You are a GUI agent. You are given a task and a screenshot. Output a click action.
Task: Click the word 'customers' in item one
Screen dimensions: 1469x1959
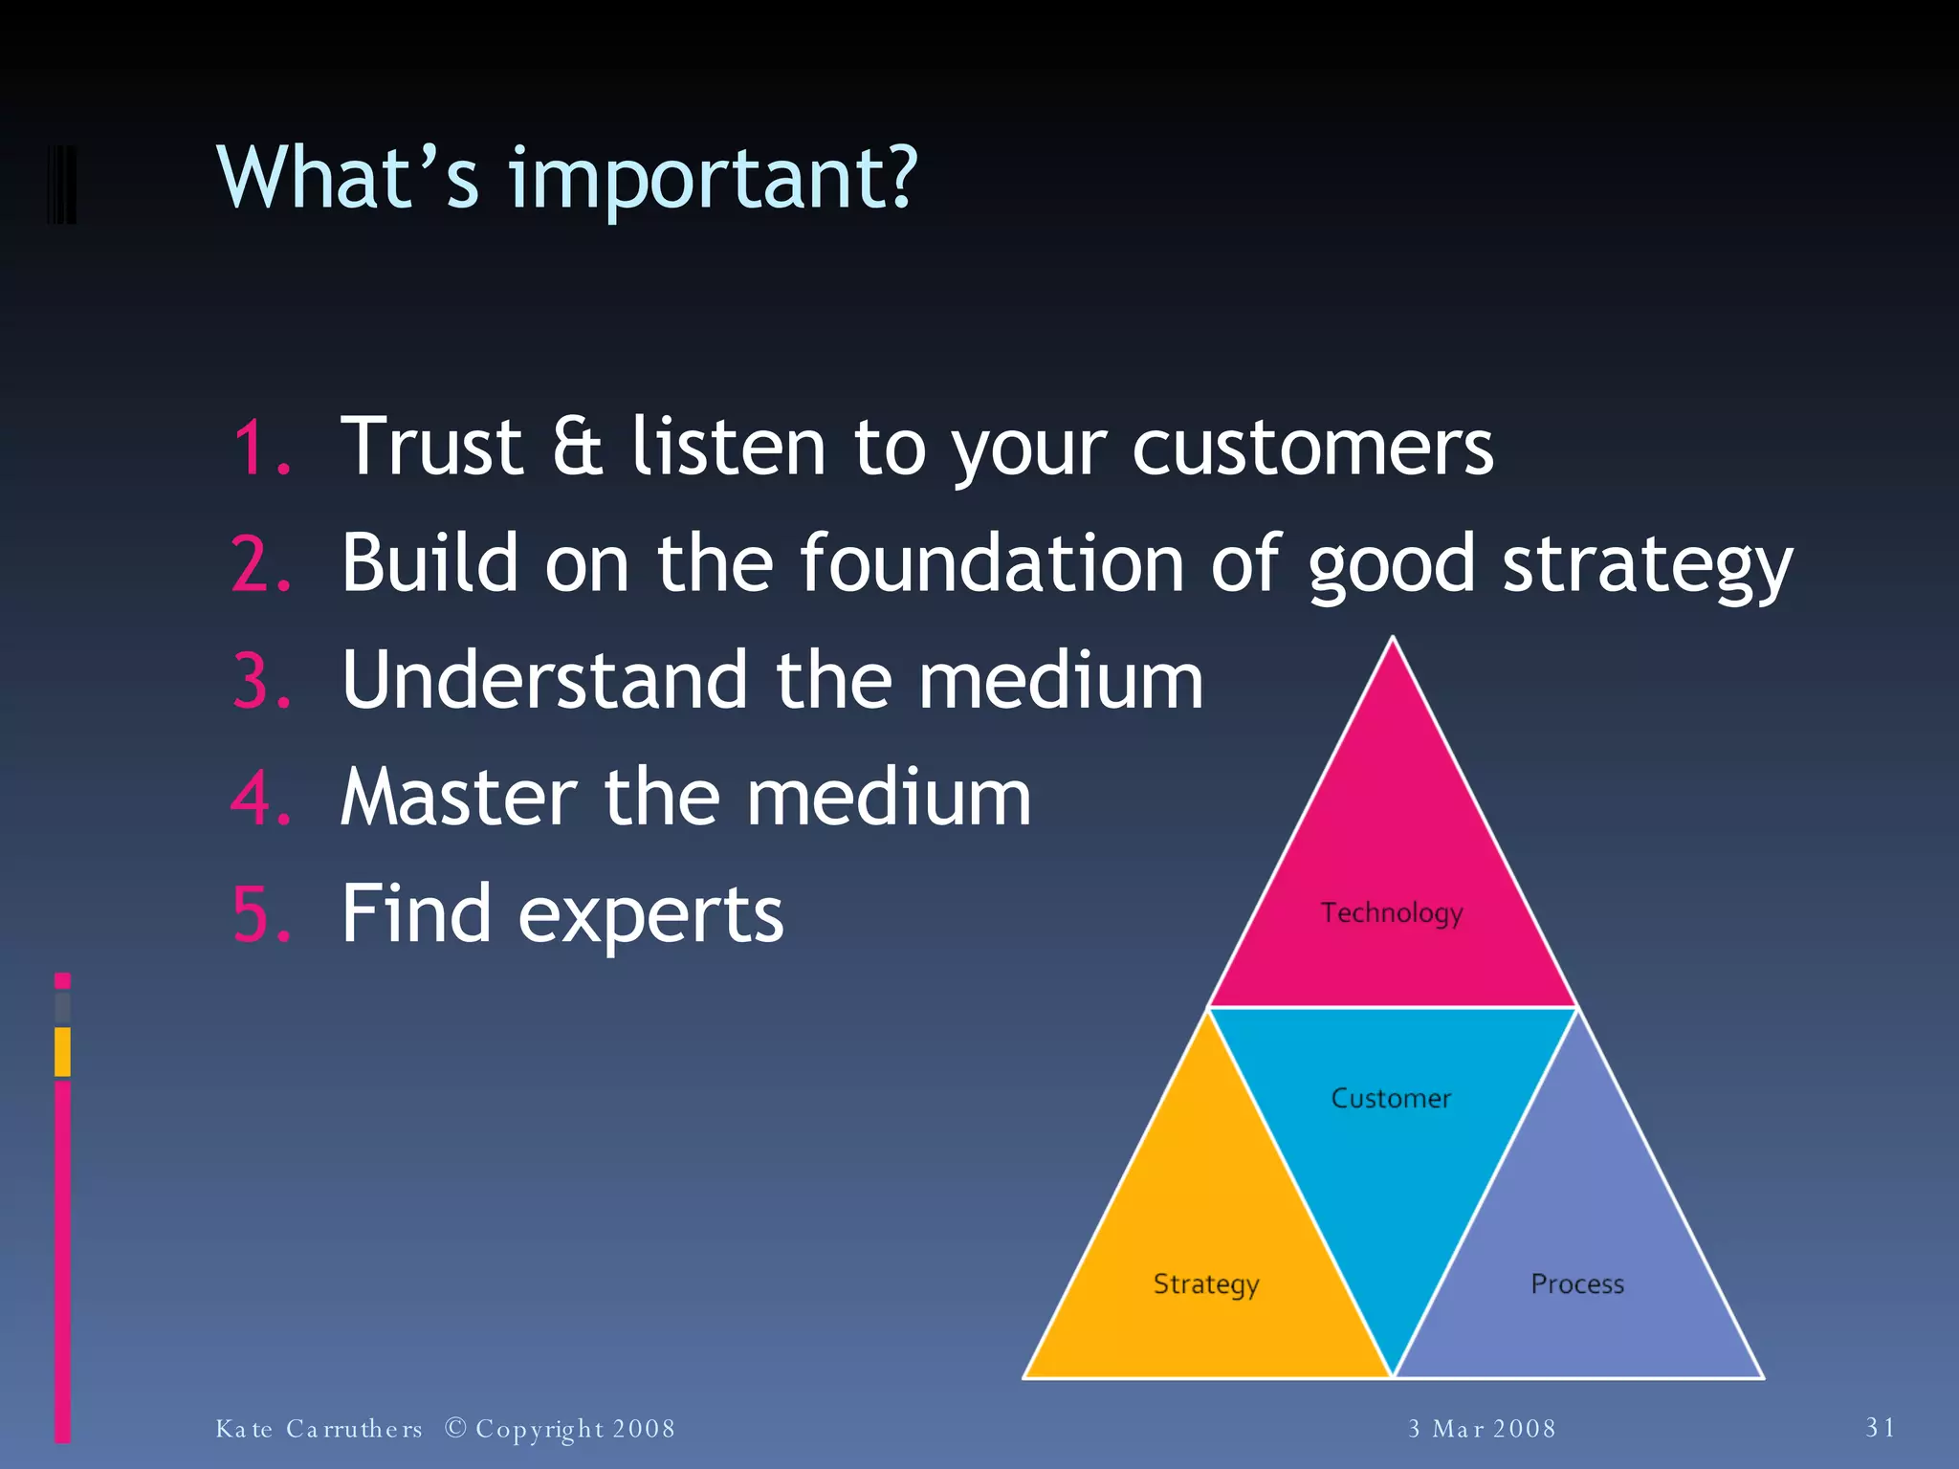[1311, 447]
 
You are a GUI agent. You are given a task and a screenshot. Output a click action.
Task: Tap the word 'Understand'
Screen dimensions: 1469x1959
[544, 680]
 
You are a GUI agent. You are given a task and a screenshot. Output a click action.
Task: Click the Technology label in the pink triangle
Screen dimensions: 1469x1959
[1392, 912]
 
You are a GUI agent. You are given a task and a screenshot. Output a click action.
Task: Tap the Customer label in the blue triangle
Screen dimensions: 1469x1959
[1391, 1098]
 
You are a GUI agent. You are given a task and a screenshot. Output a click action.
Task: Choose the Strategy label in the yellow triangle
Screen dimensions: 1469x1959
[1205, 1283]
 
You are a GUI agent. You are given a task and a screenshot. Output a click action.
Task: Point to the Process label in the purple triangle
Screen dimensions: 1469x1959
[1577, 1283]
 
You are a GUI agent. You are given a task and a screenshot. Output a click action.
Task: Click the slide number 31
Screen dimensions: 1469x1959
[1881, 1428]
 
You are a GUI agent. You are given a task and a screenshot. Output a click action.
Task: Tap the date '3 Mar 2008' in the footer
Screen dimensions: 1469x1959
[1482, 1429]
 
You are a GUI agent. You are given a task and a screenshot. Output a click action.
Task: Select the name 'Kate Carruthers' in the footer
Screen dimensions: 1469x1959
[319, 1429]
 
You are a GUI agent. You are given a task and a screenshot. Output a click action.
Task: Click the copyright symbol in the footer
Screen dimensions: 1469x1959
[456, 1428]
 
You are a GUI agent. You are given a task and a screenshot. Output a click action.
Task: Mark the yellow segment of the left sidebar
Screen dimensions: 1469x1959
[62, 1051]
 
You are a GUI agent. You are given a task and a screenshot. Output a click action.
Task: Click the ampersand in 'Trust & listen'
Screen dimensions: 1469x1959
[578, 447]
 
